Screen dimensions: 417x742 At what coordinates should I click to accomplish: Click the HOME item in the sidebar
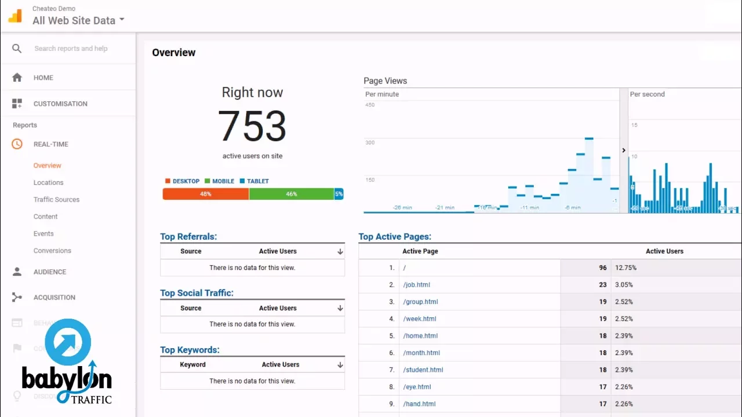click(x=43, y=78)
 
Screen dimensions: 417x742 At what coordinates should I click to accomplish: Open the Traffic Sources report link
click(x=56, y=199)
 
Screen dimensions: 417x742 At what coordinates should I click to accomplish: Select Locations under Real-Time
click(x=48, y=182)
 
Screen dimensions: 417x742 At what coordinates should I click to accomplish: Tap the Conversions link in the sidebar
click(x=52, y=251)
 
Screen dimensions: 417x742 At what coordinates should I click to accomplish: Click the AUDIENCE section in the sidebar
click(x=49, y=272)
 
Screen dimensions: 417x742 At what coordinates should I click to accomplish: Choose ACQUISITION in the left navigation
click(x=54, y=297)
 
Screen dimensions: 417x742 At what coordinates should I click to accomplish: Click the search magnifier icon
click(x=17, y=49)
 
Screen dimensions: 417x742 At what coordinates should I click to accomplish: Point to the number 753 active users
click(x=252, y=126)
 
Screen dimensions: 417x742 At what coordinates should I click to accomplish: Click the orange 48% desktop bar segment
click(x=206, y=194)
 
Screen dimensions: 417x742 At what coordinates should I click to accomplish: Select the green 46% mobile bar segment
click(x=291, y=194)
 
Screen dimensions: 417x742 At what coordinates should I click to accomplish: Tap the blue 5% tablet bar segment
click(x=339, y=194)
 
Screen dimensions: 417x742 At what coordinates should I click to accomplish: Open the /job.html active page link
click(x=417, y=284)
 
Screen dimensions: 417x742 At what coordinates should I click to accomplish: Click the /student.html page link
click(x=423, y=370)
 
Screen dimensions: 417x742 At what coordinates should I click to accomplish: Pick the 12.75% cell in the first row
click(x=625, y=268)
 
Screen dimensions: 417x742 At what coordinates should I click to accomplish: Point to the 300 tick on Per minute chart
click(x=369, y=142)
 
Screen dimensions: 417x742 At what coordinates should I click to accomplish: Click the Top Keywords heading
click(x=190, y=350)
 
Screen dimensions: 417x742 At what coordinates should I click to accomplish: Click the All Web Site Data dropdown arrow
click(x=122, y=20)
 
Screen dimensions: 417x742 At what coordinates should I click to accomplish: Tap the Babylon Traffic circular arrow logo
click(x=68, y=342)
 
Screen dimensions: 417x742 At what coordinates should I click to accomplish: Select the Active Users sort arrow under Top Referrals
click(x=340, y=251)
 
